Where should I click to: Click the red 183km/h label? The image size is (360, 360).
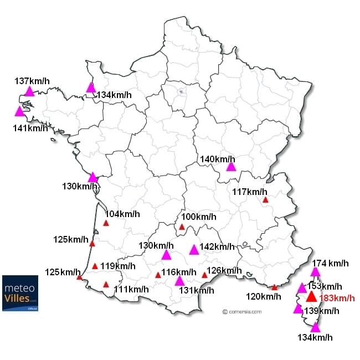(x=337, y=299)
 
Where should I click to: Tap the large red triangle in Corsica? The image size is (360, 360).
(x=311, y=297)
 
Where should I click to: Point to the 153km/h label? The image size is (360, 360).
(x=324, y=286)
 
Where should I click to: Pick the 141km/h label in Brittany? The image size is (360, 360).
(x=30, y=128)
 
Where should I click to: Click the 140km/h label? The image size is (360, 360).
(x=218, y=160)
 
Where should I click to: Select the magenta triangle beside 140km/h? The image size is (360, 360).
(x=231, y=166)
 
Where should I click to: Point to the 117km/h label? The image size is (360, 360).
(x=250, y=192)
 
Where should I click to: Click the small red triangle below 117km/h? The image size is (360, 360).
(x=265, y=200)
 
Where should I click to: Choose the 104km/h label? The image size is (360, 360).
(x=122, y=214)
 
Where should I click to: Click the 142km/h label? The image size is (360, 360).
(x=217, y=246)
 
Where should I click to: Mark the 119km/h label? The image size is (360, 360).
(x=118, y=266)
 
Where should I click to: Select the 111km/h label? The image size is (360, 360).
(x=131, y=289)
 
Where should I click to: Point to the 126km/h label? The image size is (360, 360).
(x=224, y=271)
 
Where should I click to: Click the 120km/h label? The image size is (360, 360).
(x=263, y=296)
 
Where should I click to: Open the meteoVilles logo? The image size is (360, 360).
(x=20, y=293)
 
